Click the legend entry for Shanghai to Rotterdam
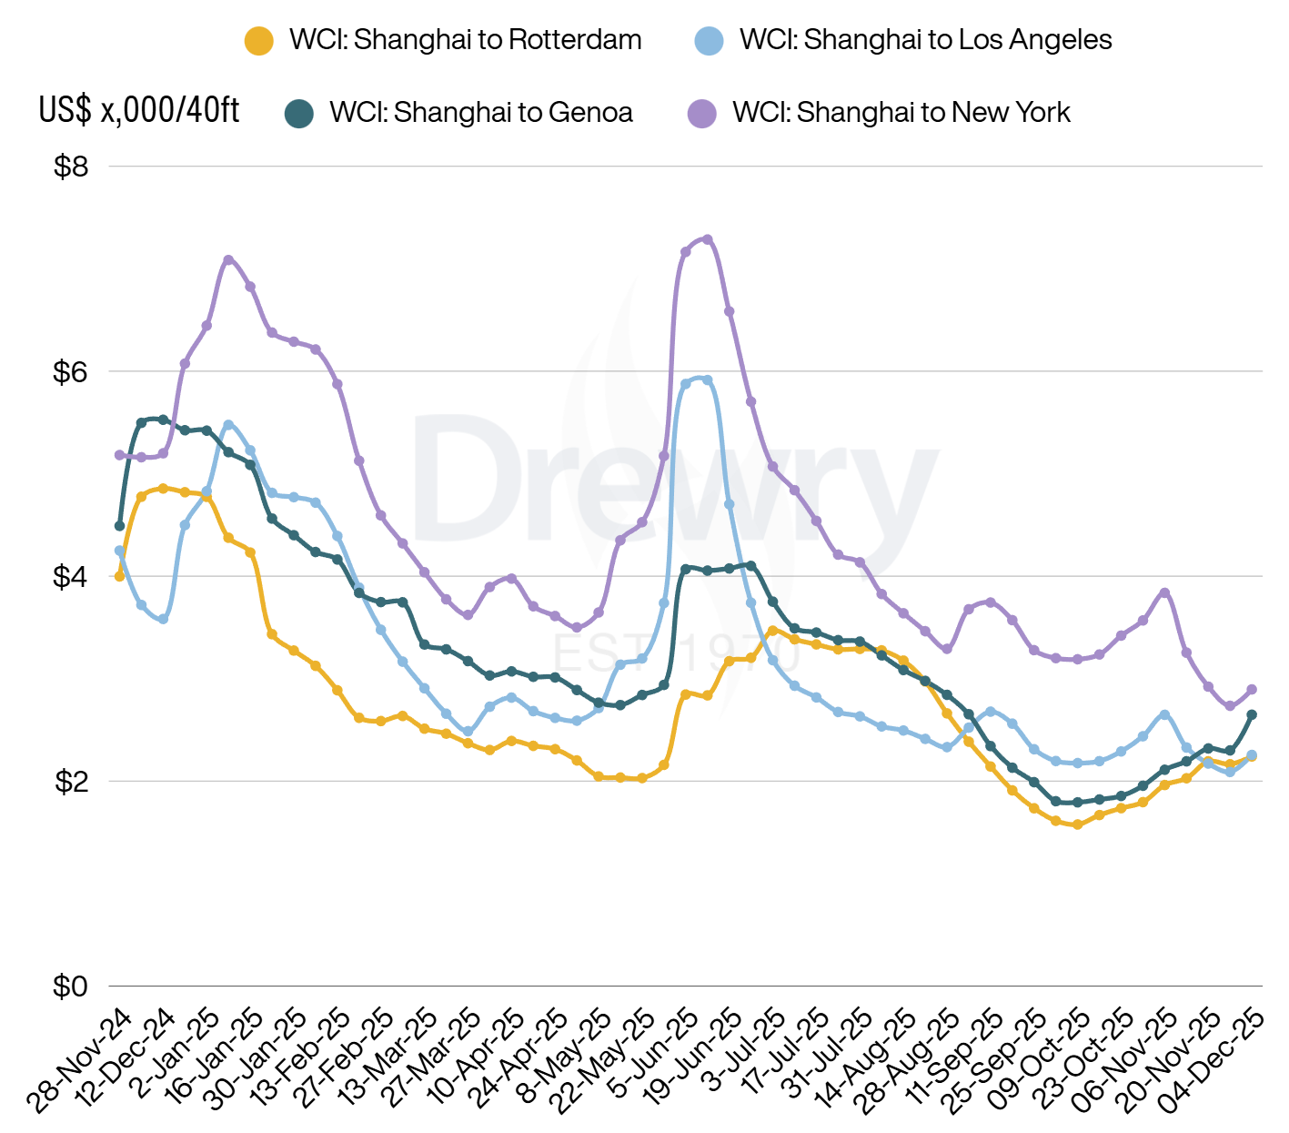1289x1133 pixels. click(x=443, y=40)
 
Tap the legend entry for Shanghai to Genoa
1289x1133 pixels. click(x=459, y=113)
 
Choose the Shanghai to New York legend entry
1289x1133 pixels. click(x=879, y=113)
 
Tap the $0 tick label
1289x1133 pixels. click(x=71, y=986)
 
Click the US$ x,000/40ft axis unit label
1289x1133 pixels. click(x=139, y=110)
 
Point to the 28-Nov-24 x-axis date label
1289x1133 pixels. click(x=80, y=1060)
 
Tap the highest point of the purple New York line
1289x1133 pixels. click(x=708, y=239)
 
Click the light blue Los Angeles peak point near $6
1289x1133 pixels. click(x=708, y=379)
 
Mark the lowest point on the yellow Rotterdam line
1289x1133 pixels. click(x=1078, y=824)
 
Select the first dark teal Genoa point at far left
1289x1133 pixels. click(x=119, y=526)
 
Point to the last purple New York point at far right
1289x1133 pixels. click(x=1252, y=689)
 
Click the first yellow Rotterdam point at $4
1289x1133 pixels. click(x=119, y=576)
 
